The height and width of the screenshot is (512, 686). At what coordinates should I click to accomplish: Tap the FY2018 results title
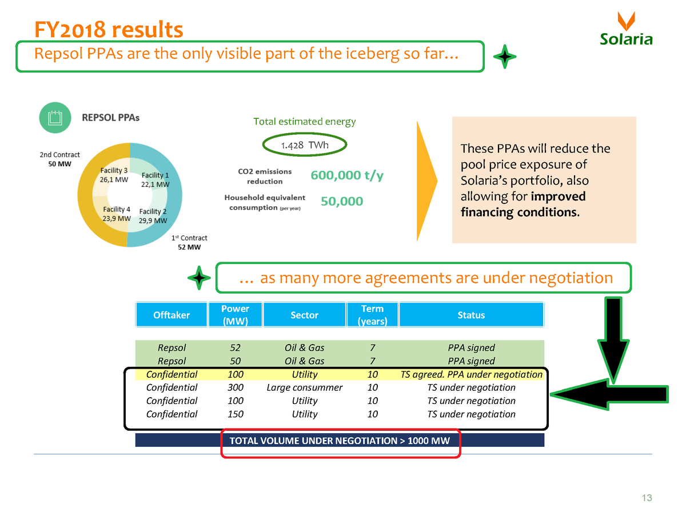tap(108, 29)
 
